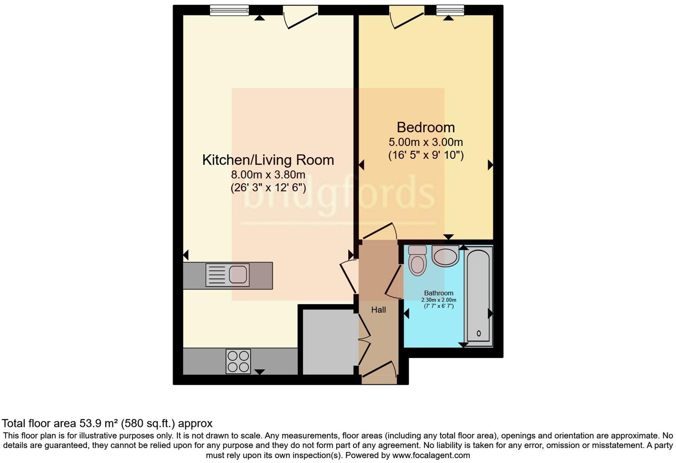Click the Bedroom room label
426,128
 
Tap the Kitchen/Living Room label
268,160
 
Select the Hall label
378,310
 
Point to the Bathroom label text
439,293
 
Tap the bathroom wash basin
445,256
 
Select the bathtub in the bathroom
479,296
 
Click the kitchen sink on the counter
227,275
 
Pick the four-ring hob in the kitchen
238,361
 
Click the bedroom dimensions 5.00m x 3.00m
426,142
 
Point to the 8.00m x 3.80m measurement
268,175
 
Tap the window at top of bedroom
450,10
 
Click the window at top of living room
229,10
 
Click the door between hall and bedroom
379,232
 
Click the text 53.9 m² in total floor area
98,423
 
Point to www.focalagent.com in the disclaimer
431,455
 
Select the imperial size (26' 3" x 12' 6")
268,188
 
